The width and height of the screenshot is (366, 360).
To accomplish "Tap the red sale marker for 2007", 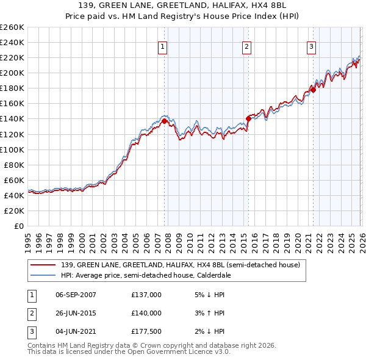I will [x=164, y=121].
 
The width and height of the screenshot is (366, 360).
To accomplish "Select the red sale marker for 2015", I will [x=248, y=118].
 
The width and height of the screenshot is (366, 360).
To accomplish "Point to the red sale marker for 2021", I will [x=312, y=90].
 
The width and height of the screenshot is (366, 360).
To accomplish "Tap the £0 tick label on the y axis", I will [x=18, y=226].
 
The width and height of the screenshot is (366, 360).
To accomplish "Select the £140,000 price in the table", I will [x=146, y=313].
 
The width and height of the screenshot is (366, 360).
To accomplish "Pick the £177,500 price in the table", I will [x=146, y=331].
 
